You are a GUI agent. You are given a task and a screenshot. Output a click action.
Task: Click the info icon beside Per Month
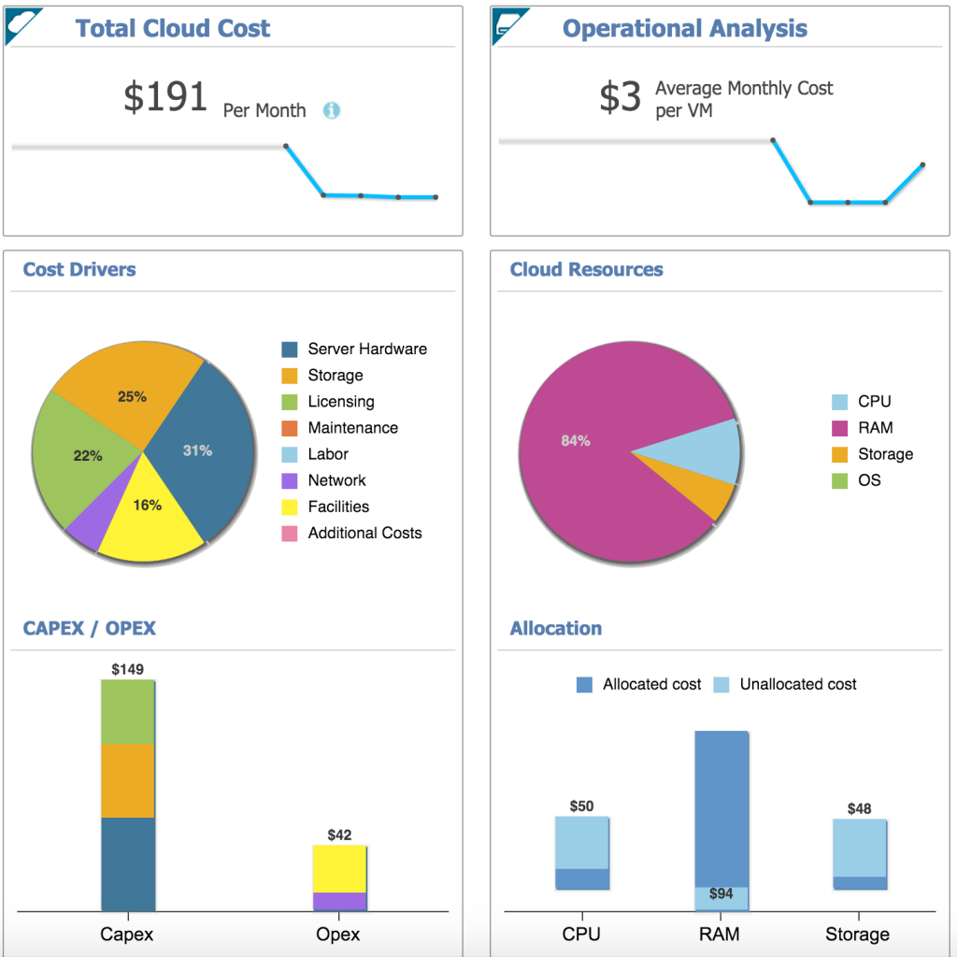coord(332,110)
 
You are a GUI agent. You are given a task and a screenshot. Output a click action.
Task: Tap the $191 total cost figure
coord(165,97)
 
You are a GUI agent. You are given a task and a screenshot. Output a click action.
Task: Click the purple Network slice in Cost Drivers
coord(87,527)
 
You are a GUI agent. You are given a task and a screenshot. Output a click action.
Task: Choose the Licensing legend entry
coord(340,402)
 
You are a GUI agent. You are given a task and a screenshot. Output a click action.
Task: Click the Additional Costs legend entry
coord(364,533)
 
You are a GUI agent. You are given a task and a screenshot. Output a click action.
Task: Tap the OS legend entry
coord(869,480)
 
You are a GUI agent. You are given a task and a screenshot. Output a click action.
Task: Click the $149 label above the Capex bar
coord(128,669)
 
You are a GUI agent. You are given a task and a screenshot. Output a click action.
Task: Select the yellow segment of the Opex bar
coord(339,868)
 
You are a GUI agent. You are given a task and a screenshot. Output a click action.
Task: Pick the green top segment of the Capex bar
coord(128,711)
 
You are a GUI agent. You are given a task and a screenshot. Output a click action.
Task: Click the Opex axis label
coord(337,935)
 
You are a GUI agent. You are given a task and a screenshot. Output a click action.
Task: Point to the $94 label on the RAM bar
coord(721,894)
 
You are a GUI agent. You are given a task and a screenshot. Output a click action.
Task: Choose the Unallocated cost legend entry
coord(797,684)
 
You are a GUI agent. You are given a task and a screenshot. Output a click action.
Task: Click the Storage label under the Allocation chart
coord(857,935)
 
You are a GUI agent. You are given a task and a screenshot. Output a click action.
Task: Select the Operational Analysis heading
coord(684,29)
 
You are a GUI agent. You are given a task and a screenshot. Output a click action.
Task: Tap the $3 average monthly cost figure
coord(620,97)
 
